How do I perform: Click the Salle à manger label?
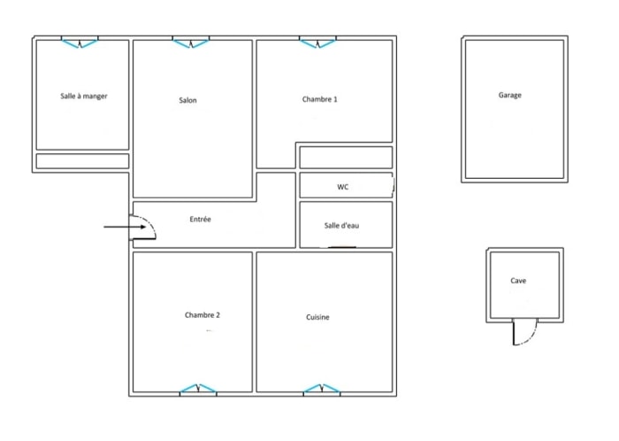[x=84, y=96]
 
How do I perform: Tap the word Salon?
[x=187, y=100]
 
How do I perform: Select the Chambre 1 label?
[x=320, y=99]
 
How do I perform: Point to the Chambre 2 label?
[x=203, y=315]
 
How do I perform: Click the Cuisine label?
[x=317, y=317]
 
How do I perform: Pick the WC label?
[x=343, y=187]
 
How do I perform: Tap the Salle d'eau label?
[x=342, y=225]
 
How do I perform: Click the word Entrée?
[x=200, y=219]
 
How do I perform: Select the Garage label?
[x=510, y=95]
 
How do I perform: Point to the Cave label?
[x=518, y=281]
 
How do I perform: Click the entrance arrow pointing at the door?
[x=125, y=227]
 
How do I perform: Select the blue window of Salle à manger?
[x=80, y=43]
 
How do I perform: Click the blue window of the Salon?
[x=191, y=43]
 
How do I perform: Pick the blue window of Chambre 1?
[x=317, y=43]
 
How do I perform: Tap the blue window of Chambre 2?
[x=198, y=389]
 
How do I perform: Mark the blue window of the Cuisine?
[x=322, y=389]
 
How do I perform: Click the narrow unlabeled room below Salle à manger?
[x=82, y=161]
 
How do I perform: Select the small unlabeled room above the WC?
[x=346, y=158]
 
